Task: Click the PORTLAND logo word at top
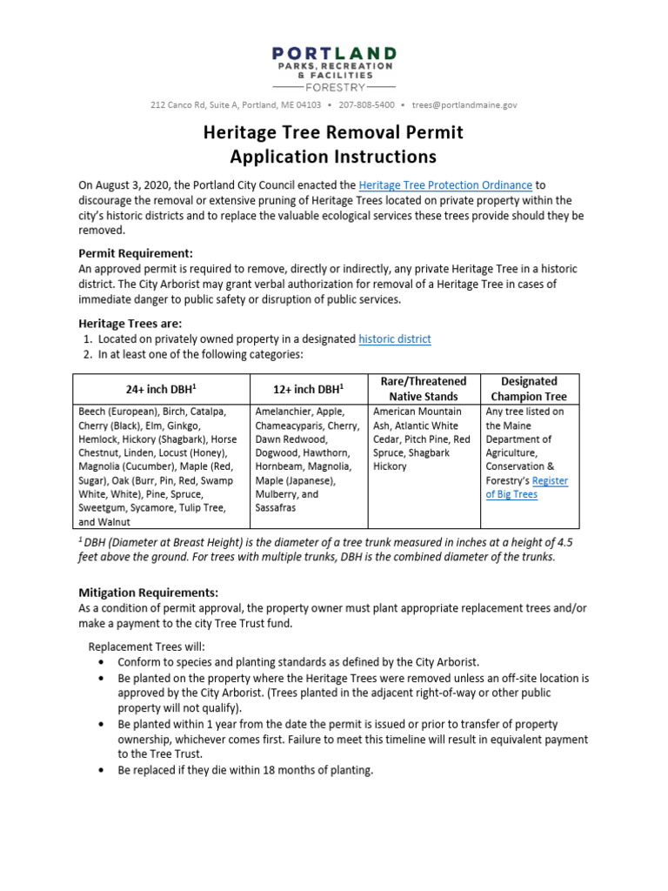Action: coord(334,54)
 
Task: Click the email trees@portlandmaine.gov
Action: coord(464,104)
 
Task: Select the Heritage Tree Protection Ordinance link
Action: coord(445,185)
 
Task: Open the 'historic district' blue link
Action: coord(394,338)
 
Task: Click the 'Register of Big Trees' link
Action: coord(526,487)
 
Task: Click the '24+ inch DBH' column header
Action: coord(160,389)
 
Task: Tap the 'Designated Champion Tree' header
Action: coord(530,389)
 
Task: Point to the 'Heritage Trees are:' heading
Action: coord(130,323)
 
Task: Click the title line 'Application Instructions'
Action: coord(333,157)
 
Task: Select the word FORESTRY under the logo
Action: coord(334,87)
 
